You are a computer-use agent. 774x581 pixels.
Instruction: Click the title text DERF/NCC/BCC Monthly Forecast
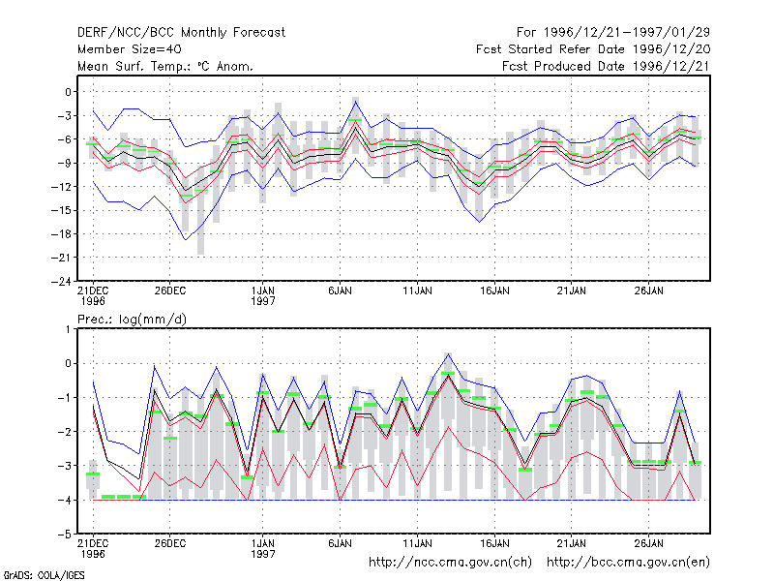[x=181, y=33]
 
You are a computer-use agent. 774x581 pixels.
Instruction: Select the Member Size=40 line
[x=130, y=49]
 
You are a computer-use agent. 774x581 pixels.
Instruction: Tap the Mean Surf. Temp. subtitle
[x=165, y=66]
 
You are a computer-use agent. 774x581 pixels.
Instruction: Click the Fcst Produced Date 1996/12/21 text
[x=606, y=66]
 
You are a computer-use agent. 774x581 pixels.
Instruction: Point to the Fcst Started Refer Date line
[x=593, y=49]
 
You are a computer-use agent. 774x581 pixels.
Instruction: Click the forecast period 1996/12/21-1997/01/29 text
[x=613, y=33]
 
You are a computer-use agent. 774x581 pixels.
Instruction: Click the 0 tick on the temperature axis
[x=68, y=92]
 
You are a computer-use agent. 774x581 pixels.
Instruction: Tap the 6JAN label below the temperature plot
[x=341, y=291]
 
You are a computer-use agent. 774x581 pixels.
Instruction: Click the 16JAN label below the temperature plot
[x=494, y=291]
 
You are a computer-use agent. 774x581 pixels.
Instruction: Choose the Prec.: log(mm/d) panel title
[x=132, y=320]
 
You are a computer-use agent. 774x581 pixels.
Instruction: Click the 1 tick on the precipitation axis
[x=68, y=329]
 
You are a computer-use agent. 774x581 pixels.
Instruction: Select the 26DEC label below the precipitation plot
[x=170, y=543]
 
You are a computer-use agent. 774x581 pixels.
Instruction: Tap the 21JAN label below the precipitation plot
[x=572, y=543]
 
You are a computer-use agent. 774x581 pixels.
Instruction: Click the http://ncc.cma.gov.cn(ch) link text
[x=450, y=563]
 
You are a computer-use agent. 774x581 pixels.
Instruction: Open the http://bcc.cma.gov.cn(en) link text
[x=628, y=563]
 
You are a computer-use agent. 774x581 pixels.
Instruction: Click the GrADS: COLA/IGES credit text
[x=44, y=575]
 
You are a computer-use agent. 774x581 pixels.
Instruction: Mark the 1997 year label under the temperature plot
[x=262, y=301]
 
